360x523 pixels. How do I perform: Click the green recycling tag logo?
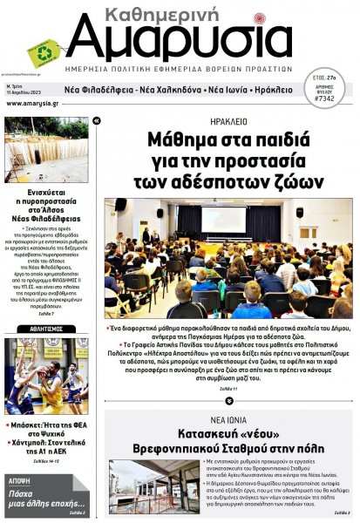click(44, 52)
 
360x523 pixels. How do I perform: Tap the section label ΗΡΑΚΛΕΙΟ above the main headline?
click(228, 121)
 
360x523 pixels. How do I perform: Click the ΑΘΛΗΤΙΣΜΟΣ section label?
click(45, 330)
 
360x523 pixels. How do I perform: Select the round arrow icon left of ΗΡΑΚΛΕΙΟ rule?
click(96, 120)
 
